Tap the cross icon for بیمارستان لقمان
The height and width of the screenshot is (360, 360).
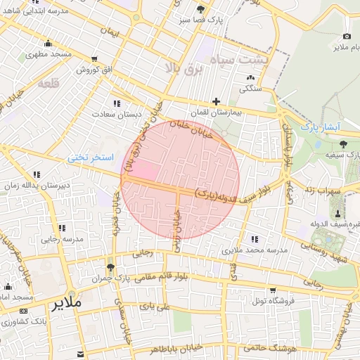(x=216, y=102)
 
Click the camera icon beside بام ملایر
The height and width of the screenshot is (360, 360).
(x=347, y=37)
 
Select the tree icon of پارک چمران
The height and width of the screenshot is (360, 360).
(x=110, y=268)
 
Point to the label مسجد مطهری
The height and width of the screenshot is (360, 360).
(x=51, y=53)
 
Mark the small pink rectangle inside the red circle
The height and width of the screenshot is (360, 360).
(x=142, y=170)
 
